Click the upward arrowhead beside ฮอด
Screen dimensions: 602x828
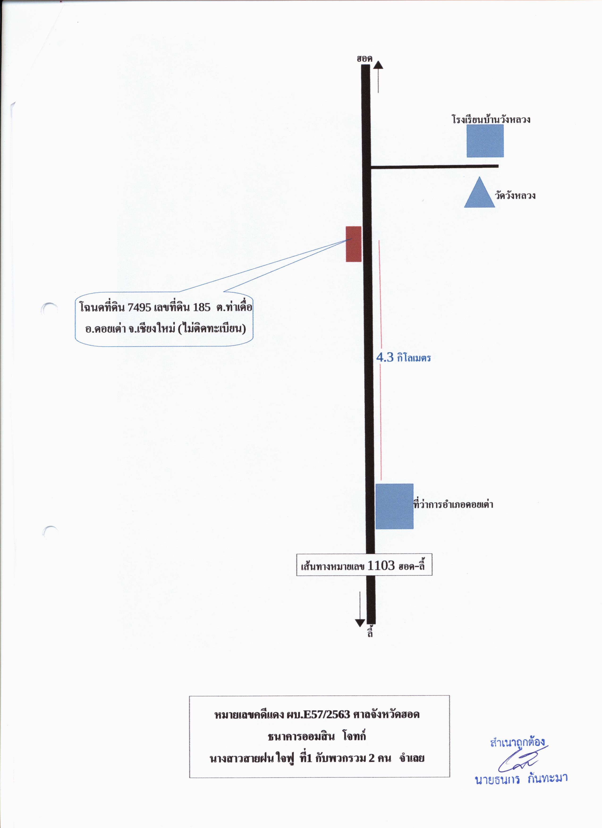tap(378, 65)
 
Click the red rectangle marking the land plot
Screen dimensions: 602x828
tap(353, 244)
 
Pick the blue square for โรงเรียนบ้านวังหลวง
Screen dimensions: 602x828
tap(485, 141)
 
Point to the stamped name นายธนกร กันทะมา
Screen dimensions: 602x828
tap(521, 779)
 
